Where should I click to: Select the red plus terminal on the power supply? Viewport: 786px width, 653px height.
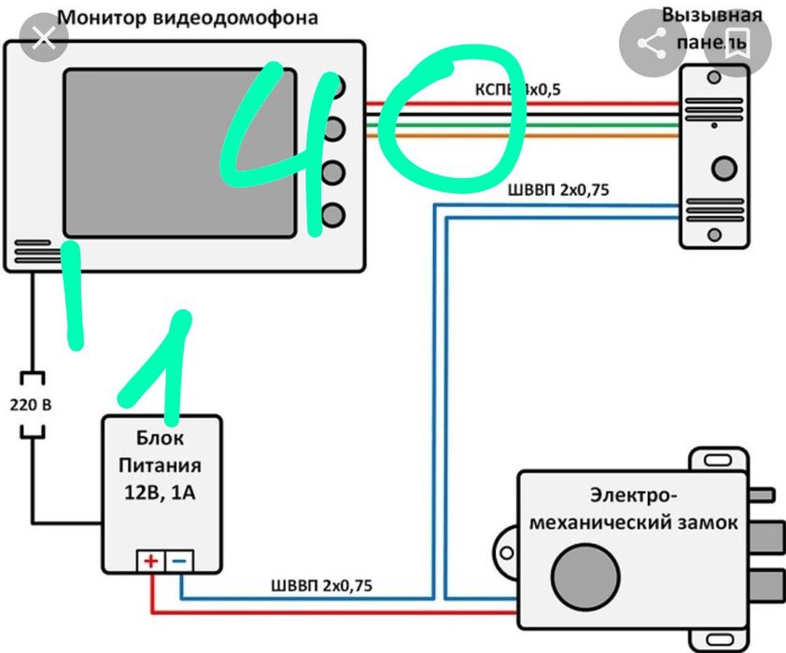(x=150, y=562)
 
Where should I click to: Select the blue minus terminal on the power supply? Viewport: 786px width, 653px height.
(x=181, y=562)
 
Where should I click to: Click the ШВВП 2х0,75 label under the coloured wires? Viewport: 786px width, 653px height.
(x=558, y=191)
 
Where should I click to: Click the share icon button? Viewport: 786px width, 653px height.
(x=650, y=43)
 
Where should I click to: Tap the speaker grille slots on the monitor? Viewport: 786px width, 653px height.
(x=34, y=254)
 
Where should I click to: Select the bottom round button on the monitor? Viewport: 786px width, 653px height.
(x=333, y=215)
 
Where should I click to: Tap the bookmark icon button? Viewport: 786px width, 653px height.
(x=737, y=42)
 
